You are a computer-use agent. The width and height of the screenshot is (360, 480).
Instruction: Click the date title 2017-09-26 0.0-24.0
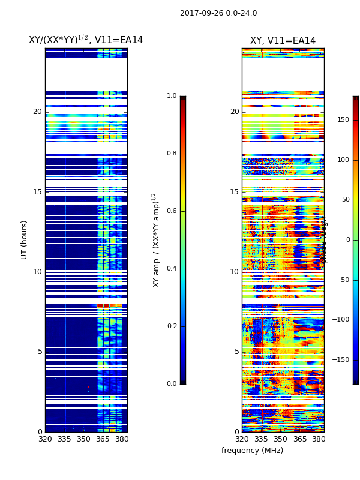tap(218, 13)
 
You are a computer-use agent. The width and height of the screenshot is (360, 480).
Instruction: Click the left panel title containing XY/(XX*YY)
tap(86, 40)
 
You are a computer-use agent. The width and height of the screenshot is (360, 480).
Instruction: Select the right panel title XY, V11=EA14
tap(283, 41)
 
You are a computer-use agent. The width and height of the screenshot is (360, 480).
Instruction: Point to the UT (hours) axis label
tap(25, 239)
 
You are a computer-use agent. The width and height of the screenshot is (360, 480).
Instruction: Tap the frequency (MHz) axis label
tap(252, 451)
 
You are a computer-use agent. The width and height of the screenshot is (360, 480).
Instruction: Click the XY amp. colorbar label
tap(156, 239)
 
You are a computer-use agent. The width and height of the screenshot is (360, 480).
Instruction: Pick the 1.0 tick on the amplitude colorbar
tap(172, 96)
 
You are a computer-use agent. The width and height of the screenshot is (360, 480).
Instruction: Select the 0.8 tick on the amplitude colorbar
tap(172, 154)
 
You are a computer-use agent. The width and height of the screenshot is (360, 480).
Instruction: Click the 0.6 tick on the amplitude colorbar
tap(172, 211)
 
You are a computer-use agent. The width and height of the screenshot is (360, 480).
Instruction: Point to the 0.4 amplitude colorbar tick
tap(172, 269)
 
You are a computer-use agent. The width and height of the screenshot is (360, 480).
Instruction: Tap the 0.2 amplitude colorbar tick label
tap(172, 326)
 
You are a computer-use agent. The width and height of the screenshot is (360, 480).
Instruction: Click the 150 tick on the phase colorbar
tap(343, 120)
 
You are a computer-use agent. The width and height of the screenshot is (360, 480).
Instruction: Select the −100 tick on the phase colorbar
tap(340, 320)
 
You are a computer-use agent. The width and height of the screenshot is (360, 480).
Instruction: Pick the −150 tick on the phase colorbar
tap(340, 360)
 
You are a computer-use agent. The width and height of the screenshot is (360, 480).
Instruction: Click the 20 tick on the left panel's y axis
tap(37, 112)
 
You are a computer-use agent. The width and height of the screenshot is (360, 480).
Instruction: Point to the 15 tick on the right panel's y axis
tap(234, 192)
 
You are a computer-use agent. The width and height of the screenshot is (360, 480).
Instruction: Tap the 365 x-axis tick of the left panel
tap(103, 439)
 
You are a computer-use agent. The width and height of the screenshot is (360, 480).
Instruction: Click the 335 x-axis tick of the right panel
tap(261, 439)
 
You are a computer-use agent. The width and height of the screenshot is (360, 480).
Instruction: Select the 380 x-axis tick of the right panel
tap(319, 439)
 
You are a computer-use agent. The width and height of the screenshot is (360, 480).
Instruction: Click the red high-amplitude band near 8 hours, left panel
tap(109, 305)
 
